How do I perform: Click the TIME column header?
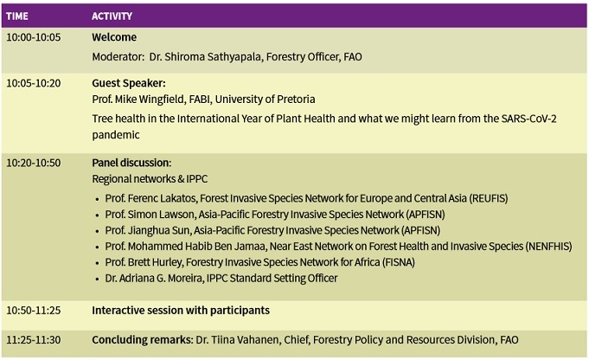(x=17, y=16)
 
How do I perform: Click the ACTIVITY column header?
(x=112, y=16)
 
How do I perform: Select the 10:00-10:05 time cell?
(x=34, y=37)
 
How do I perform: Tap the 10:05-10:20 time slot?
(x=34, y=83)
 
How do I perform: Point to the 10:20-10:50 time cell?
(x=34, y=163)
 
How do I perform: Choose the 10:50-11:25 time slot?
(x=34, y=311)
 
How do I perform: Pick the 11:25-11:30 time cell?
(x=34, y=340)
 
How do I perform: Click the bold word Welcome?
(x=114, y=37)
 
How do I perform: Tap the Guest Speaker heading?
(x=129, y=83)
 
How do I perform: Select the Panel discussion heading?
(x=131, y=163)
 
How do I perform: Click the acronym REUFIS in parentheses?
(x=489, y=198)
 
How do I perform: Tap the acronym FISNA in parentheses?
(x=399, y=262)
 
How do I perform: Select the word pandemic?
(x=116, y=135)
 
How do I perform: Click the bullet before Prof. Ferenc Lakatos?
(x=97, y=199)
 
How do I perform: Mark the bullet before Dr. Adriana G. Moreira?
(x=97, y=280)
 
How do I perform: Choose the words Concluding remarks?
(x=142, y=340)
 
